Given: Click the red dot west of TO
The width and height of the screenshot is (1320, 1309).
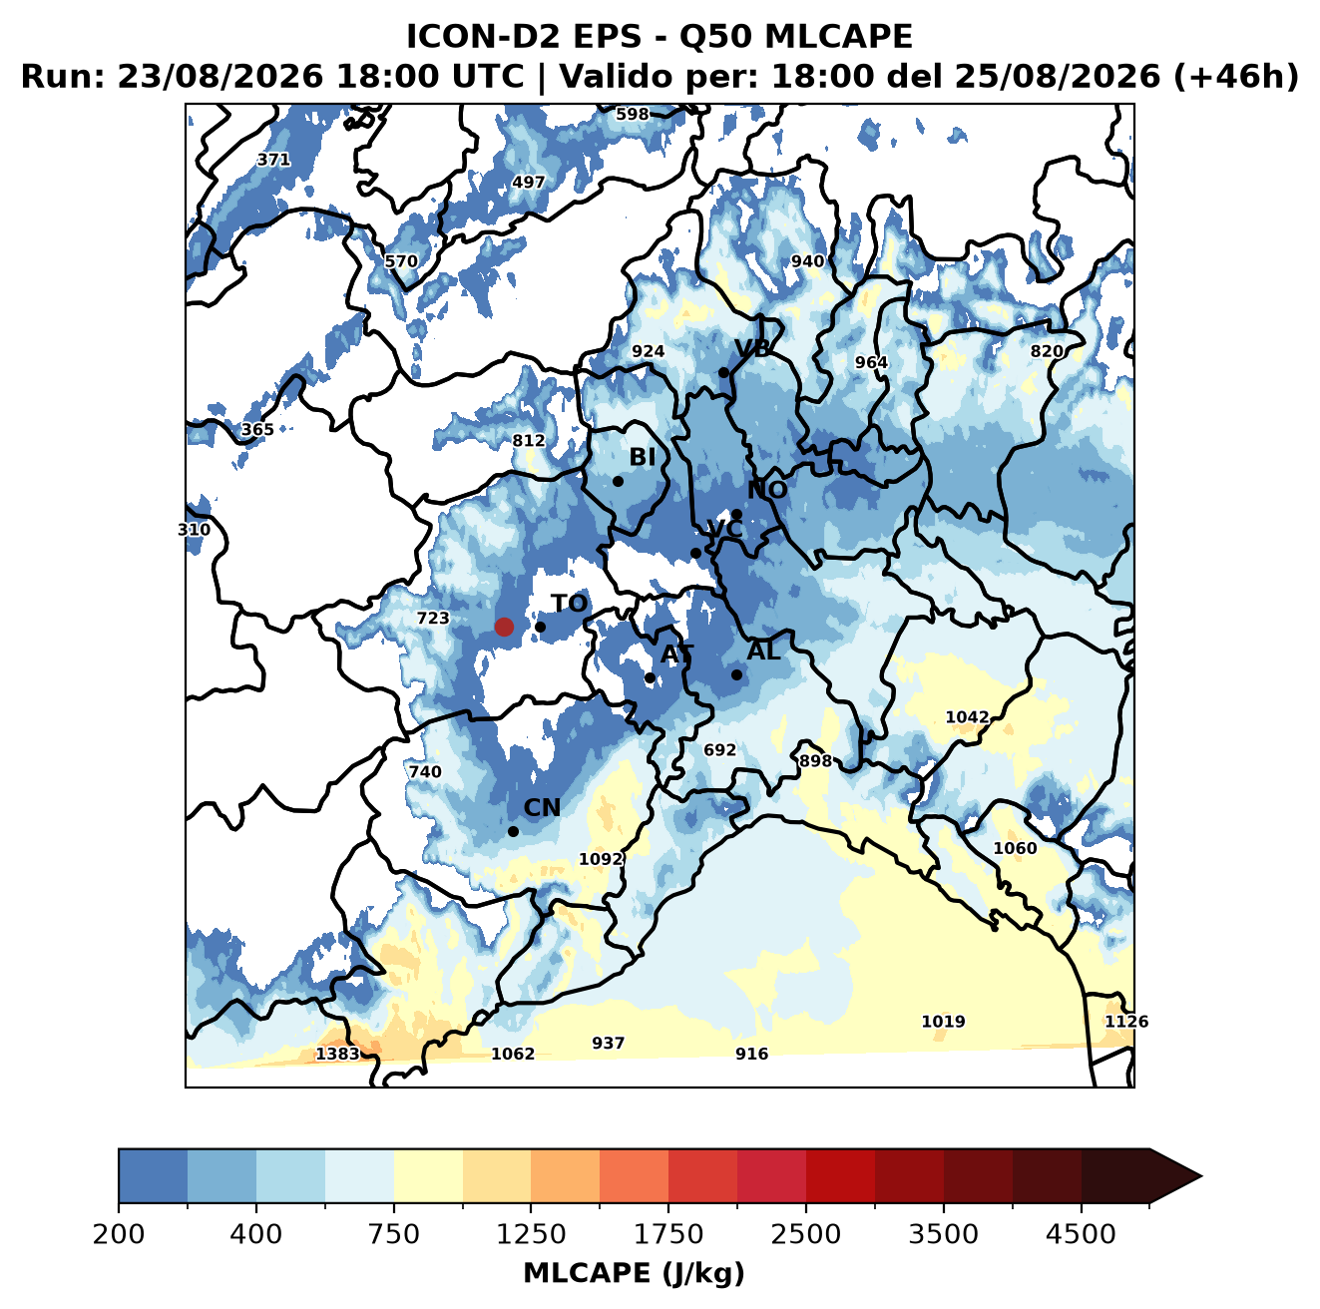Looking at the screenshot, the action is (x=504, y=627).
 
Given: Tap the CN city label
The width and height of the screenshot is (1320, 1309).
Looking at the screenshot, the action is (x=542, y=808).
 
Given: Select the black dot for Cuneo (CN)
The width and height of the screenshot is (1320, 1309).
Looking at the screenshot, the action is (x=513, y=831).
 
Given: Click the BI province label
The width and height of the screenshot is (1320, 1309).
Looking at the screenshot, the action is (x=642, y=457).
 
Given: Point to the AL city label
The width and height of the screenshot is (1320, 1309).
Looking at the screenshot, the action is (x=763, y=651).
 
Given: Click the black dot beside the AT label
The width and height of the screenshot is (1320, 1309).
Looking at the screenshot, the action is (x=650, y=678).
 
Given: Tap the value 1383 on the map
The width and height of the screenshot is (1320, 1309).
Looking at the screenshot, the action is (x=337, y=1054).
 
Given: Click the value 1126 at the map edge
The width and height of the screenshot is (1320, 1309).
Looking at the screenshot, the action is (x=1126, y=1022).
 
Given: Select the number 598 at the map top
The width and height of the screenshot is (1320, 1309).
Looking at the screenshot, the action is (x=633, y=115).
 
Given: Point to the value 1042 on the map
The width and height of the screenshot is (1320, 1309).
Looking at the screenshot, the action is (x=967, y=717).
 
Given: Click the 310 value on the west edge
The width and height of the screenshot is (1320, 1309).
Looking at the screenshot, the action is (x=194, y=530).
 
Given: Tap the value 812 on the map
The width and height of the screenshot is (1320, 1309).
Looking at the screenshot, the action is (x=529, y=440).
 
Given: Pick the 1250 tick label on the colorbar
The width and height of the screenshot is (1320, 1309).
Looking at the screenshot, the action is (x=531, y=1234).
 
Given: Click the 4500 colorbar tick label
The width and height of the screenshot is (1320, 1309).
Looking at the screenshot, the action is (x=1081, y=1234).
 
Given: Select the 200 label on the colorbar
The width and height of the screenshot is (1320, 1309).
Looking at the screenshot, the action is (x=119, y=1234).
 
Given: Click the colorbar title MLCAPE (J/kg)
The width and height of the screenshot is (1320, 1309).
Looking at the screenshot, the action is (x=634, y=1274).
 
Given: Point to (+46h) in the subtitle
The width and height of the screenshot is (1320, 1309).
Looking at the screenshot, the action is (x=1236, y=77).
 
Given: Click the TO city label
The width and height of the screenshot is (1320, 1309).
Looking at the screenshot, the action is (x=569, y=604).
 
